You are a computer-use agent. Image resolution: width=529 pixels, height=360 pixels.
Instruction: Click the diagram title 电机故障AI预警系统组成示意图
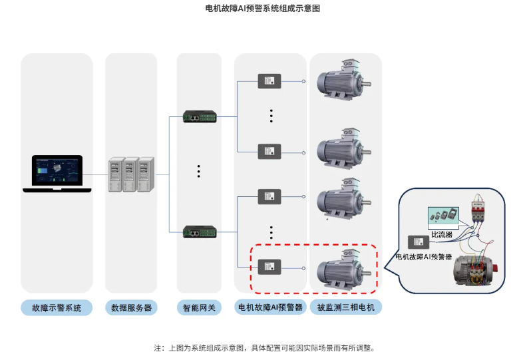(x=264, y=9)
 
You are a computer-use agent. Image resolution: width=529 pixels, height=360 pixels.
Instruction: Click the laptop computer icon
(x=57, y=174)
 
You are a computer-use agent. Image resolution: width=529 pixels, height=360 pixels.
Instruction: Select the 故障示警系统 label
(x=57, y=308)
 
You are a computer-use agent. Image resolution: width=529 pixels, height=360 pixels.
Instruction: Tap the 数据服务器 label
(x=130, y=308)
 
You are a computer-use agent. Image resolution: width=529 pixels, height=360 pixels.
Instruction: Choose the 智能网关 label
(x=199, y=308)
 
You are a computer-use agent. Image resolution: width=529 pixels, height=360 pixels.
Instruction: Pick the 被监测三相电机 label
(x=345, y=307)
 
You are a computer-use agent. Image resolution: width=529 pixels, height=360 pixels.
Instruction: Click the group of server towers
(x=131, y=174)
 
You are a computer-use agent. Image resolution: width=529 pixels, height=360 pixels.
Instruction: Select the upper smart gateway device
(x=199, y=117)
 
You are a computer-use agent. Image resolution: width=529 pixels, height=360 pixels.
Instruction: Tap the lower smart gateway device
(x=199, y=232)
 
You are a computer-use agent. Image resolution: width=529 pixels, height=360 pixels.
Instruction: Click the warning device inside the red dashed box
(x=269, y=266)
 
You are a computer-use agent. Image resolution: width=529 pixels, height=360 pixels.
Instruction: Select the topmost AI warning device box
(x=269, y=81)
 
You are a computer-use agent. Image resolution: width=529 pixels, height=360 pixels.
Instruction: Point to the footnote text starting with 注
(x=264, y=348)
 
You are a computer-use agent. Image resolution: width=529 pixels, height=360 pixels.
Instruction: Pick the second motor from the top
(x=342, y=150)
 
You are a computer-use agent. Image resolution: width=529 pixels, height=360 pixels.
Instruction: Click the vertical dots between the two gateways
(x=199, y=171)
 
